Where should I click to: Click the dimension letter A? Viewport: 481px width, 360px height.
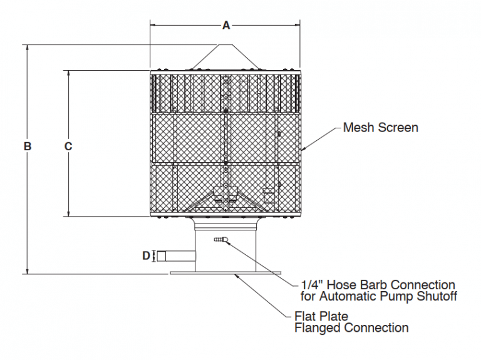(x=226, y=26)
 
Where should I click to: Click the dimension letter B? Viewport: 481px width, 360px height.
(x=28, y=147)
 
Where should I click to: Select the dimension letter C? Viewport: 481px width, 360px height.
(x=69, y=147)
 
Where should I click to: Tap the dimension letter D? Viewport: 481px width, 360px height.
(x=145, y=255)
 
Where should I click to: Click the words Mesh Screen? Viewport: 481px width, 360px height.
(x=380, y=128)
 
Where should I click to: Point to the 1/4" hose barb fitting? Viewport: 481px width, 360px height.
(x=220, y=239)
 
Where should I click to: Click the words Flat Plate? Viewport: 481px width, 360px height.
(x=321, y=316)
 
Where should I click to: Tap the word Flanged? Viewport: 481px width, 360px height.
(x=318, y=327)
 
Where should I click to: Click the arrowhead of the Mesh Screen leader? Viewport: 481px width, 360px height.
(x=303, y=149)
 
